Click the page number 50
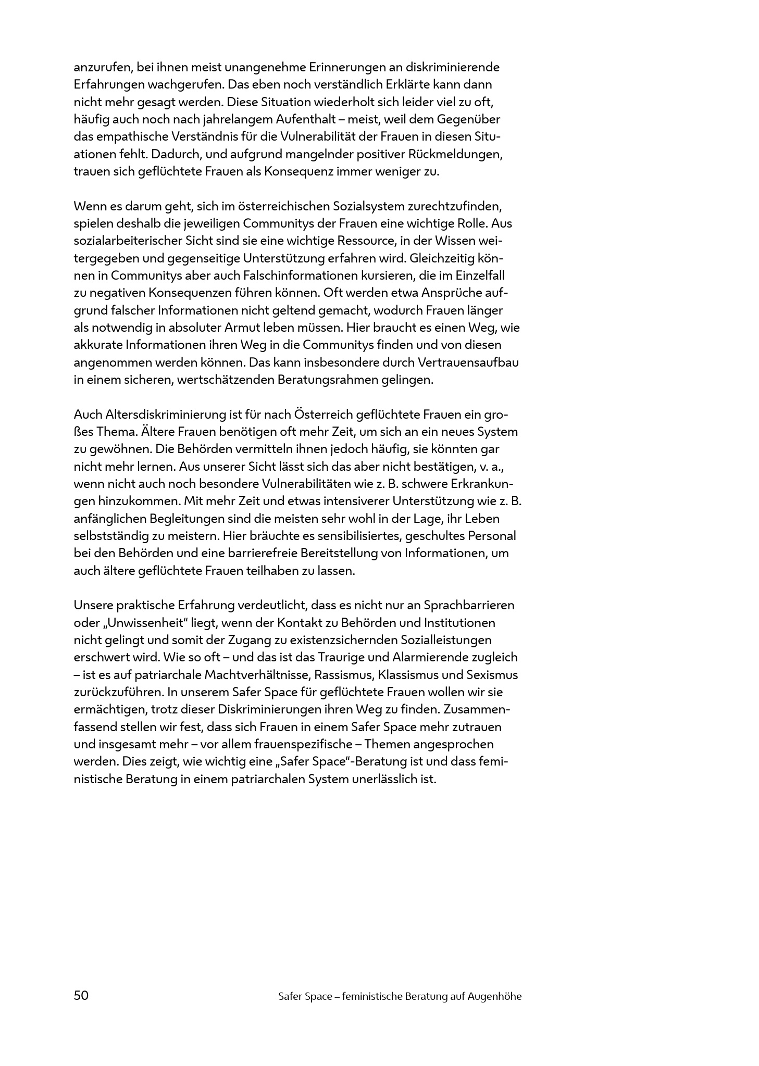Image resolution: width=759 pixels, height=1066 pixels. [x=81, y=996]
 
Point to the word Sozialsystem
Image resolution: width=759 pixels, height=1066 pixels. [x=361, y=206]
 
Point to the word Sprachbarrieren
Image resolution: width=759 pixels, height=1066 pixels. [x=469, y=605]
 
